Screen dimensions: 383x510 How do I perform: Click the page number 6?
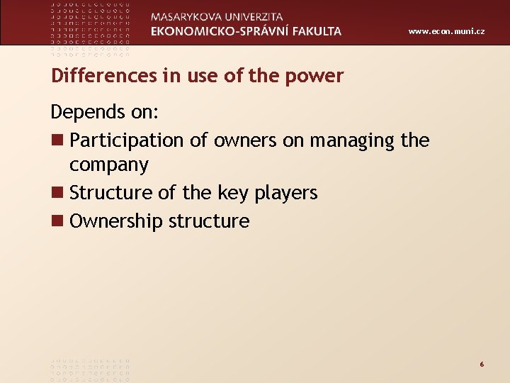click(x=482, y=364)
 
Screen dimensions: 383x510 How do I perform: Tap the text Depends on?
click(x=104, y=113)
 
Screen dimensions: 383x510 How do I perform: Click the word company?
click(x=108, y=166)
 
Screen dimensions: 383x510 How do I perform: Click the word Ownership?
click(x=116, y=221)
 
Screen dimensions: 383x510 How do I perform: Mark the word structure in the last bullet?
click(x=209, y=221)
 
